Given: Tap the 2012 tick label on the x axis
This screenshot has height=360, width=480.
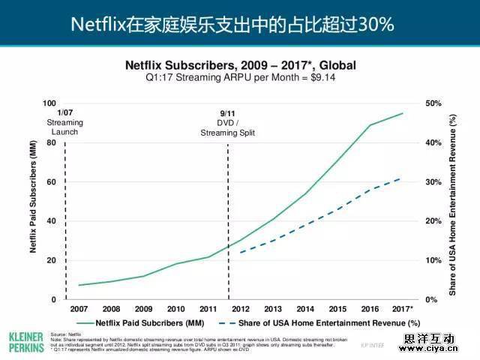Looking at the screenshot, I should point(241,309).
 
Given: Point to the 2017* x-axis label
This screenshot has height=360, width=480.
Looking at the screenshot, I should point(403,309).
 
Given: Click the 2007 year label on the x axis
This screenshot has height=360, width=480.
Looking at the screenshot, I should point(79,309).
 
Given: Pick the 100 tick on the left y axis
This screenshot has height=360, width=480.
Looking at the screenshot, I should point(49,103).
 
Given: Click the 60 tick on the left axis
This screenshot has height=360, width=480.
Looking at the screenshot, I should point(51,182).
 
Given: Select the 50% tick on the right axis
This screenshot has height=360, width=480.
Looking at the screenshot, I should point(433,103).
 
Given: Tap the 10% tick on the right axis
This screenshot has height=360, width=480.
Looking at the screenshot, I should point(433,260).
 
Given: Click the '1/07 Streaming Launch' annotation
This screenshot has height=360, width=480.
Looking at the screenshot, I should point(64,122).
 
